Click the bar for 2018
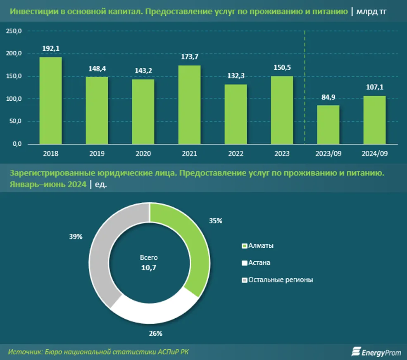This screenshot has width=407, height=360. pos(50,100)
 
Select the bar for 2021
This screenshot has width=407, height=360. pos(189,104)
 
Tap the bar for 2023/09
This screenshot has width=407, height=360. pos(328,124)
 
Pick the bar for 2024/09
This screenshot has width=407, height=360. pos(374,120)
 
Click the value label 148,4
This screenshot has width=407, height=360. pos(97,68)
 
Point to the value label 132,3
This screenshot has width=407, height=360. pos(236,76)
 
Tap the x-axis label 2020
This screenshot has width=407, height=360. pos(143,153)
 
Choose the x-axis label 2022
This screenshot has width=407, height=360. pos(236,153)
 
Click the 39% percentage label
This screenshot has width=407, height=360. pos(76,237)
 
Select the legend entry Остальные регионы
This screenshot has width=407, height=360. pos(280,280)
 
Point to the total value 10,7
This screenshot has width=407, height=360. pos(149,268)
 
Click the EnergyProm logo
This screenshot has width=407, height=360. pos(376,351)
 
